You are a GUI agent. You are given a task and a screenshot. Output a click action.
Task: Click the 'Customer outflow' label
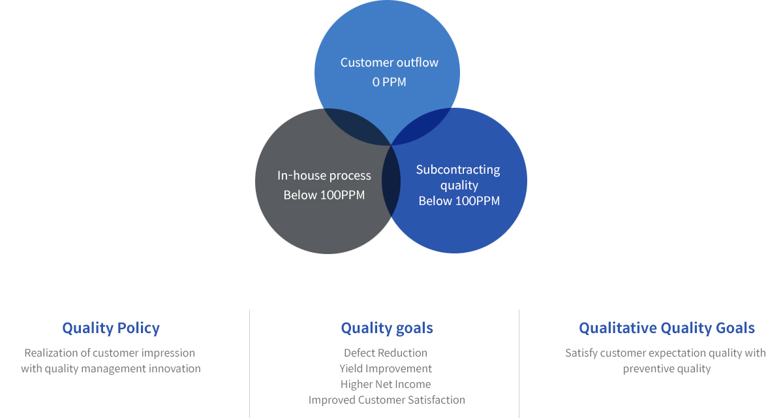click(389, 63)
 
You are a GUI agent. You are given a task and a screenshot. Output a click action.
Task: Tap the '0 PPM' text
click(389, 82)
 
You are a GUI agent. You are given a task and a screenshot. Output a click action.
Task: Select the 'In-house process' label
click(324, 176)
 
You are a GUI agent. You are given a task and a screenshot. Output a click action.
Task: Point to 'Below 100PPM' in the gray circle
click(324, 195)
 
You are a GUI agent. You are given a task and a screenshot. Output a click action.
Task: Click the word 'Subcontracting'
click(458, 170)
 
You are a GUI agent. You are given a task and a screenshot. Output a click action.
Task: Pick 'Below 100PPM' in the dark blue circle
click(459, 201)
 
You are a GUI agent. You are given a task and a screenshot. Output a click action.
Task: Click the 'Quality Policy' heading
click(111, 329)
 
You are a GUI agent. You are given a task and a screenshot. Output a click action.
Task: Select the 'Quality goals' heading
click(387, 329)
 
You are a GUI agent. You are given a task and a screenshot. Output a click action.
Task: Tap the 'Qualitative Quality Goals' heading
click(667, 329)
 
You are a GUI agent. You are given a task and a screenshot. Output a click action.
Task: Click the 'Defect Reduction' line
click(386, 353)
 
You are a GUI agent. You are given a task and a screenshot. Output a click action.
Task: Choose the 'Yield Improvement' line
click(386, 368)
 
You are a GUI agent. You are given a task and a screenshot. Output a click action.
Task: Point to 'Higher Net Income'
click(386, 384)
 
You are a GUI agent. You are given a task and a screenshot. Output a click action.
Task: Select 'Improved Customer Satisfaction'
click(386, 400)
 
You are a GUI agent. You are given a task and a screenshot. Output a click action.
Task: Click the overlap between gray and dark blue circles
click(391, 181)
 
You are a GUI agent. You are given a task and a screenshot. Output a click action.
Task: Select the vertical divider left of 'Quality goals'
click(249, 364)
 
